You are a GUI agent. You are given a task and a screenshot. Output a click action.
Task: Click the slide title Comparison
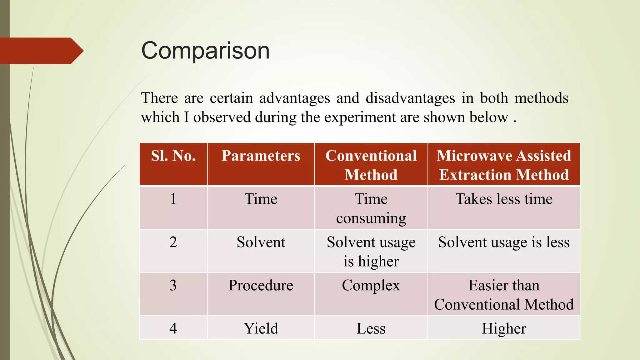pyautogui.click(x=205, y=51)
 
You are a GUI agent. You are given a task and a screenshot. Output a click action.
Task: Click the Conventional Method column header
pyautogui.click(x=371, y=165)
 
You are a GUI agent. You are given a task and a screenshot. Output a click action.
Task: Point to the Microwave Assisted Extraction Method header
pyautogui.click(x=504, y=165)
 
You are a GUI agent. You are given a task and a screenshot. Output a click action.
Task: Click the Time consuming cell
pyautogui.click(x=371, y=208)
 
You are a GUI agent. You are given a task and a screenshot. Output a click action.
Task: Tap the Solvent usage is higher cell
pyautogui.click(x=371, y=252)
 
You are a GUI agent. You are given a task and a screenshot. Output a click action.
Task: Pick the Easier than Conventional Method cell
pyautogui.click(x=504, y=295)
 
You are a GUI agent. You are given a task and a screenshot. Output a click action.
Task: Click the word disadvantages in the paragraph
pyautogui.click(x=410, y=98)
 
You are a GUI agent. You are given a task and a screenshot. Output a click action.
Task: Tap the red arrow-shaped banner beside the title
pyautogui.click(x=41, y=51)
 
